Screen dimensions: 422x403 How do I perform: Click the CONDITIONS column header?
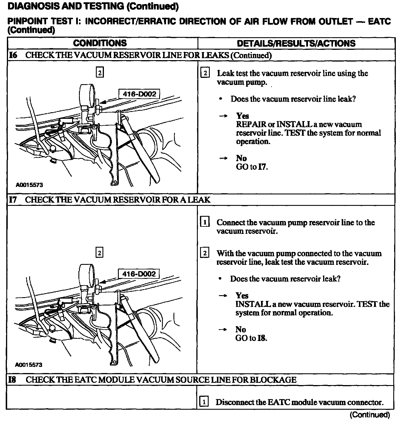coord(100,43)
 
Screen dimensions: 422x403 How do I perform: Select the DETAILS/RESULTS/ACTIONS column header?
coord(296,44)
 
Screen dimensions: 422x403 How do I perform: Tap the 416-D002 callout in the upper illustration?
coord(139,94)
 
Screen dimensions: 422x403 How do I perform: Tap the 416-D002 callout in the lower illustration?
coord(139,274)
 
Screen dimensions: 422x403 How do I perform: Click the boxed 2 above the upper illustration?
coord(99,73)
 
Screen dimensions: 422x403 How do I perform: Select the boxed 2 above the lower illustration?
coord(99,253)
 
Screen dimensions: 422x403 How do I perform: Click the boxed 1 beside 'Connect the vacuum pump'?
coord(205,222)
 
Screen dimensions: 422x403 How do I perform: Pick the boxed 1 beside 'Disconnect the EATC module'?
coord(204,402)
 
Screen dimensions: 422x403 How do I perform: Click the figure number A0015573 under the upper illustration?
coord(29,185)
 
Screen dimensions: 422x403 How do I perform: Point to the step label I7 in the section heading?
coord(13,200)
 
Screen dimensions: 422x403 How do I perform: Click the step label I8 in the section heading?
coord(12,380)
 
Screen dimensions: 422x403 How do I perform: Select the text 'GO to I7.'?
coord(252,167)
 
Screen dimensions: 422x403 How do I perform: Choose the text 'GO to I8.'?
coord(251,338)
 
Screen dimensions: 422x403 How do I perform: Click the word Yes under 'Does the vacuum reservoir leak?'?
coord(242,295)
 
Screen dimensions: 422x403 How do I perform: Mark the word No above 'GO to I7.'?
coord(241,158)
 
